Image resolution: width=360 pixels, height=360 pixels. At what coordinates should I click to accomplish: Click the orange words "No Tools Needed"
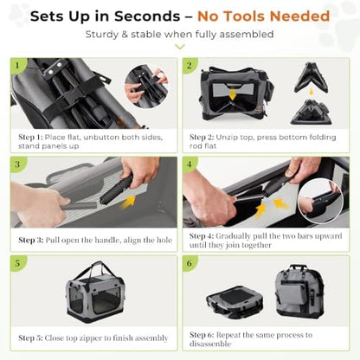pyautogui.click(x=263, y=16)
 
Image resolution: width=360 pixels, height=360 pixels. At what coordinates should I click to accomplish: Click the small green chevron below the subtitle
pyautogui.click(x=180, y=47)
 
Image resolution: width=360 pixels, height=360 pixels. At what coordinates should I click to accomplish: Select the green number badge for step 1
pyautogui.click(x=17, y=65)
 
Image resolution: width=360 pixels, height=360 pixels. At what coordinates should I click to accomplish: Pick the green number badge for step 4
pyautogui.click(x=190, y=164)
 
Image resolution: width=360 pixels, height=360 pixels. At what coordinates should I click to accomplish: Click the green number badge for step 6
pyautogui.click(x=190, y=263)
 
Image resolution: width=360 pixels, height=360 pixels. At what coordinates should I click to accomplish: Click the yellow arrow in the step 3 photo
pyautogui.click(x=128, y=202)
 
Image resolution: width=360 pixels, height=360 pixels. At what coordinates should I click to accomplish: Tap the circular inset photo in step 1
pyautogui.click(x=146, y=87)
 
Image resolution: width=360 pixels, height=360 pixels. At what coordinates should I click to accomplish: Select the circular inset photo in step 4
pyautogui.click(x=320, y=201)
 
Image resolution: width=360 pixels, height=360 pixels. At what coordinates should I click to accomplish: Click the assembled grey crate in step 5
pyautogui.click(x=95, y=292)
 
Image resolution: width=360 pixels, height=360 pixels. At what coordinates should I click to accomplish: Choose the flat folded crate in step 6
pyautogui.click(x=235, y=301)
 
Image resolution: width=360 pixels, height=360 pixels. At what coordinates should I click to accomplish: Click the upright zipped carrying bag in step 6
pyautogui.click(x=299, y=292)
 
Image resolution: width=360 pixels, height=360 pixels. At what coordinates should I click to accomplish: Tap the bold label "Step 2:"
pyautogui.click(x=202, y=137)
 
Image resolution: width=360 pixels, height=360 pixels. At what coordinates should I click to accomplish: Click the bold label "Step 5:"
pyautogui.click(x=30, y=337)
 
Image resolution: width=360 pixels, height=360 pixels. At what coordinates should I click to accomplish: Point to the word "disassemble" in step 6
pyautogui.click(x=210, y=344)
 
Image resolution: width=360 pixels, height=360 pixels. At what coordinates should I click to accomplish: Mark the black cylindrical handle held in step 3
pyautogui.click(x=117, y=190)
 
